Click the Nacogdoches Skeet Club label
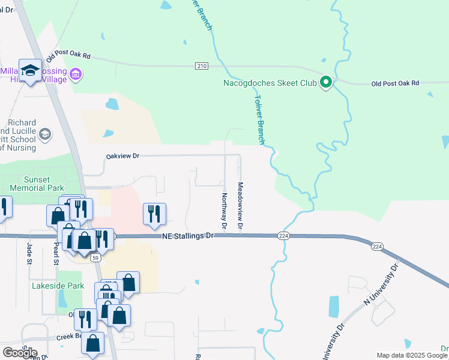click(269, 83)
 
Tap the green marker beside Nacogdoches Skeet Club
click(326, 83)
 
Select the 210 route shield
click(201, 65)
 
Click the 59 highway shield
click(95, 259)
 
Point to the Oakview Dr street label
click(122, 156)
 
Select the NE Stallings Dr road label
click(188, 237)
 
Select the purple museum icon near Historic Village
click(76, 75)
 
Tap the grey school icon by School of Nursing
click(45, 133)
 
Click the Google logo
click(20, 353)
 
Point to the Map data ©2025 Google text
click(412, 355)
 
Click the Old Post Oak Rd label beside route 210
click(68, 55)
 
